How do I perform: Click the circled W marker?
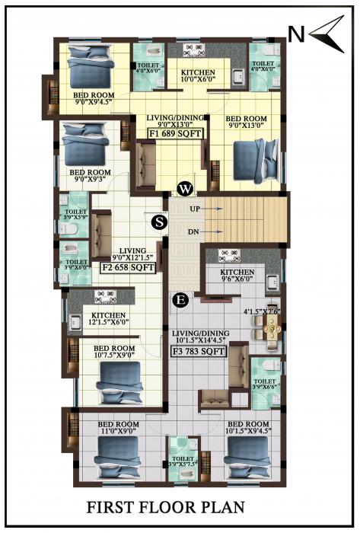point(184,189)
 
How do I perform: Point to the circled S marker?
point(158,222)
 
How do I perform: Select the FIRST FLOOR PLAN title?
point(180,506)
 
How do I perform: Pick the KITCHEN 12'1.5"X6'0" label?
point(107,318)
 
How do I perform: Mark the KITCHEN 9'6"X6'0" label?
point(237,276)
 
